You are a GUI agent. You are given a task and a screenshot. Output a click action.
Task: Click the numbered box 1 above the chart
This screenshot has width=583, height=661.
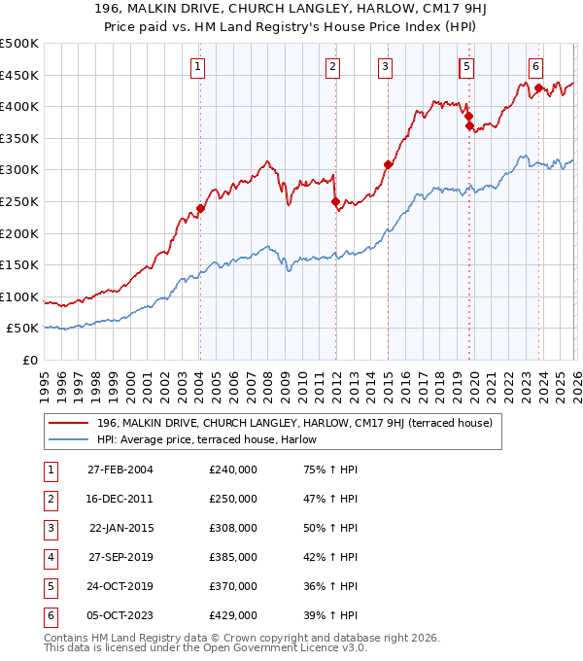(x=197, y=67)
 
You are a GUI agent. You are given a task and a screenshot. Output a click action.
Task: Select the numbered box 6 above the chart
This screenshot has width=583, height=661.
(x=535, y=67)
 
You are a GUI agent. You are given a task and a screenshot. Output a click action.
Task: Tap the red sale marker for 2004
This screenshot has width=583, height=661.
(x=200, y=208)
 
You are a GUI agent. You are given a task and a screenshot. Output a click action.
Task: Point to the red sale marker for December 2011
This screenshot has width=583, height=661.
(x=335, y=202)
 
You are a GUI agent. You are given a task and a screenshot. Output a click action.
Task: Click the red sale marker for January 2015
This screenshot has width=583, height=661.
(x=388, y=165)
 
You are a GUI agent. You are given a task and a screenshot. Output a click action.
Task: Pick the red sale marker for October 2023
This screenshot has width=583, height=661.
(x=537, y=88)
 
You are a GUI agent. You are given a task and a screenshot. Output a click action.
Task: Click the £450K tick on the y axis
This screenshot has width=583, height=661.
(x=18, y=75)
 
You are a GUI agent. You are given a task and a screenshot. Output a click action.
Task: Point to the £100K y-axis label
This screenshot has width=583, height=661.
(x=18, y=297)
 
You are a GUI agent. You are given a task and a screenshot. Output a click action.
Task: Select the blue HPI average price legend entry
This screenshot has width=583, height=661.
(x=213, y=439)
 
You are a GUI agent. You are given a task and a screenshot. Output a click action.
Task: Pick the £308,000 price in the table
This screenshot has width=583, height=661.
(x=233, y=529)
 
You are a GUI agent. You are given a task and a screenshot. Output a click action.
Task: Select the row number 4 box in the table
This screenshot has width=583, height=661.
(x=50, y=558)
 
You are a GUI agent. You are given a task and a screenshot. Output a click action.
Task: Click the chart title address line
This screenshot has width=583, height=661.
(x=291, y=12)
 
